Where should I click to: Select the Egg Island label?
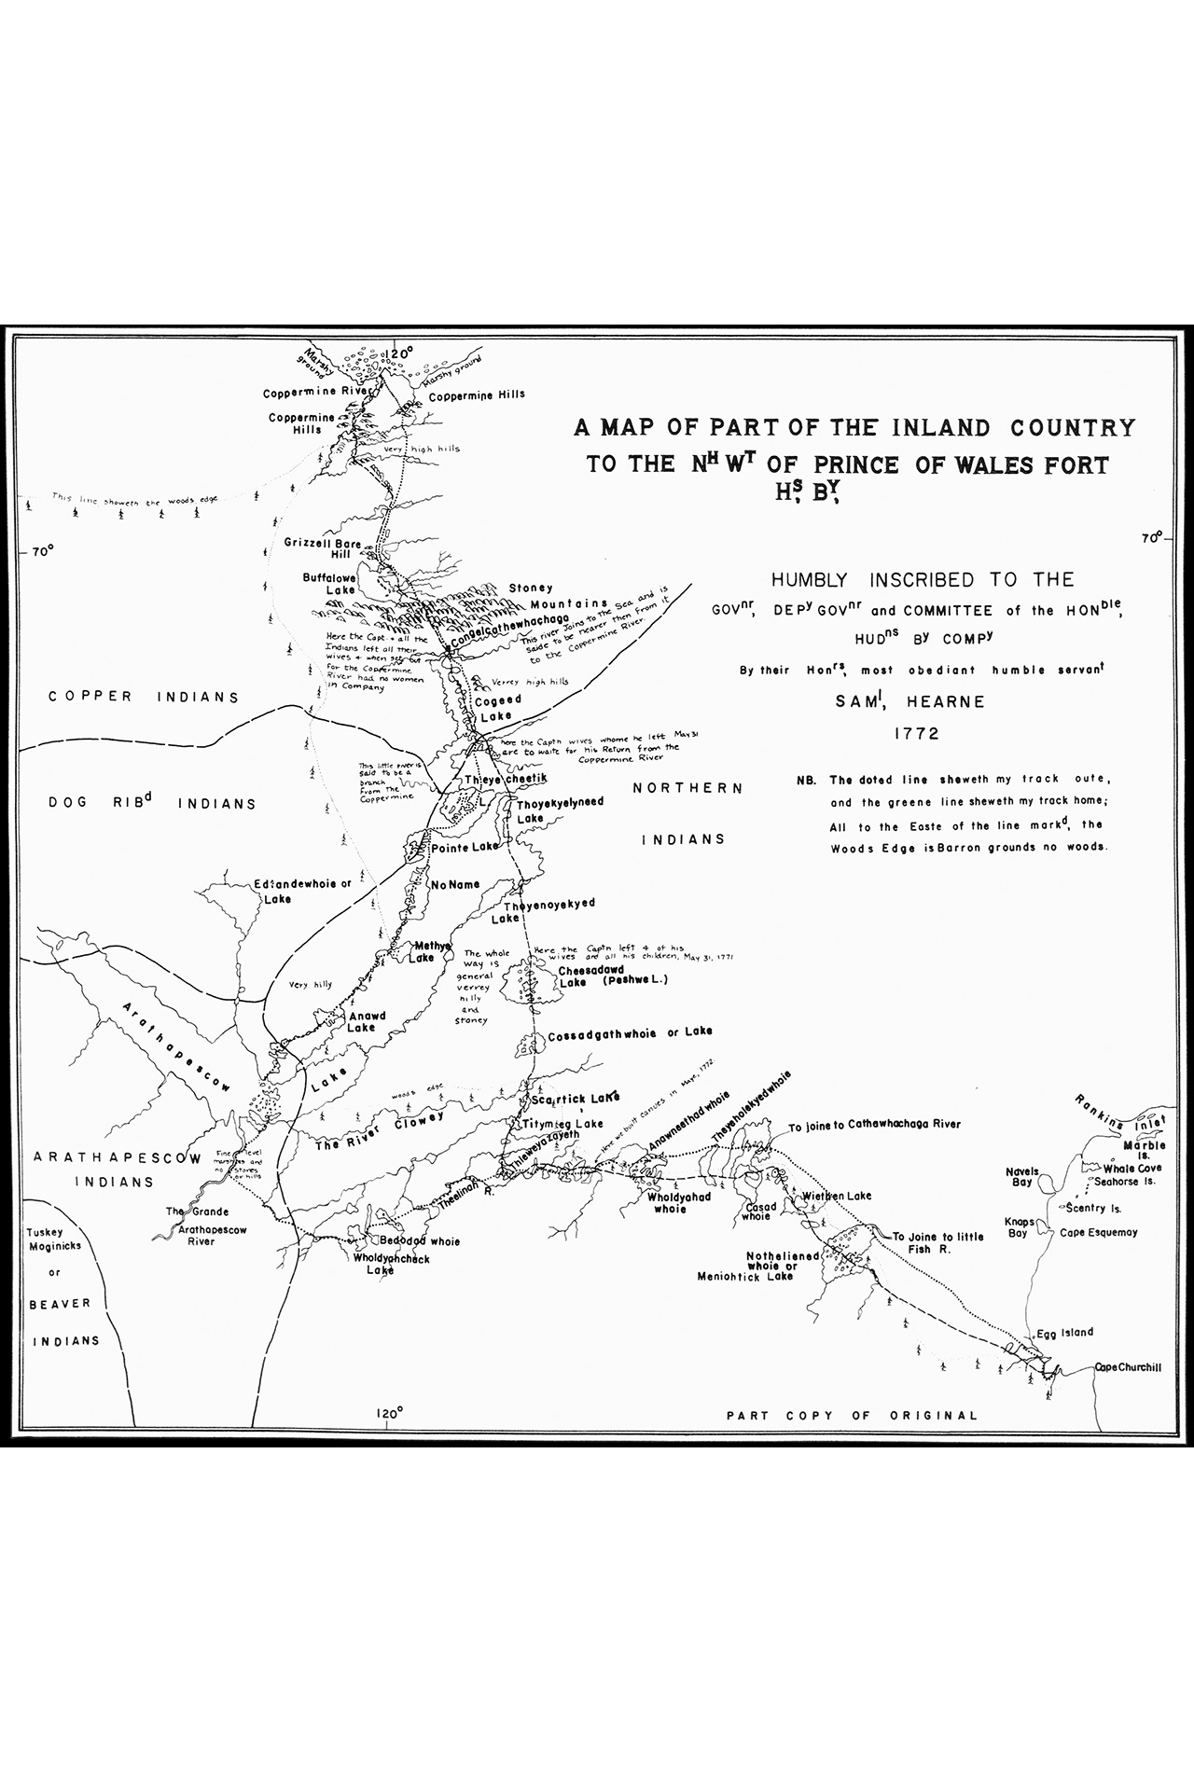coord(1063,1333)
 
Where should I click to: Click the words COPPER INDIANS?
coord(144,697)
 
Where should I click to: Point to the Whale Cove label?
coord(1132,1168)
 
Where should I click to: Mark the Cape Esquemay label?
coord(1099,1232)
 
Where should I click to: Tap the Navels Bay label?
coord(1021,1177)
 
